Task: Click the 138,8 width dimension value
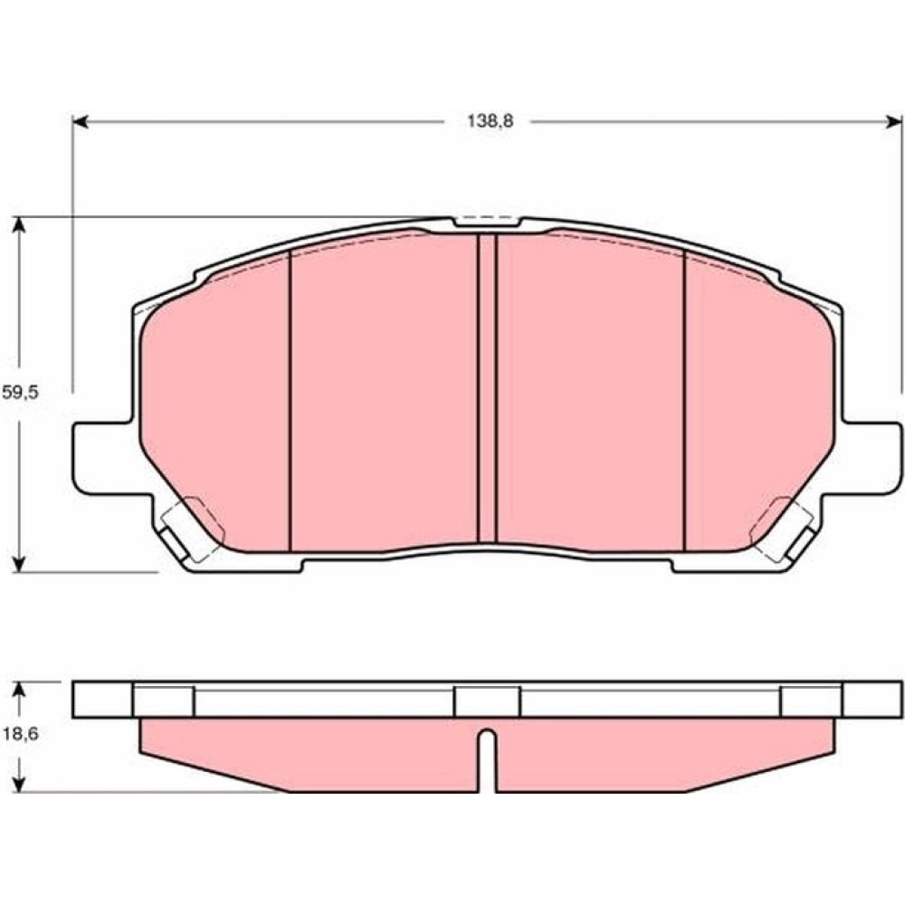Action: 490,122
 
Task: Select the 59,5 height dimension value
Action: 20,393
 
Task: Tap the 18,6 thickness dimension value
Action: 20,734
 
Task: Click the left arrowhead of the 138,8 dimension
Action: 80,122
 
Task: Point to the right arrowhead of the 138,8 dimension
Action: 895,122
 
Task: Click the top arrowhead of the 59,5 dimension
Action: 20,224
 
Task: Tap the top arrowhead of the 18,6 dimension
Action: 20,690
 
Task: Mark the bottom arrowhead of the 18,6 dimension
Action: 20,784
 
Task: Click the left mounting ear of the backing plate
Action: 104,458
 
